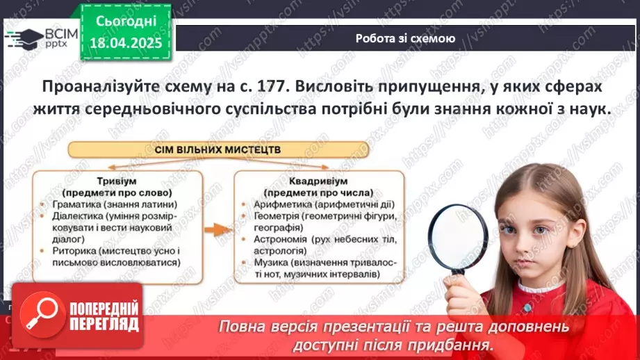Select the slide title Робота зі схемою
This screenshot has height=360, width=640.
(405, 39)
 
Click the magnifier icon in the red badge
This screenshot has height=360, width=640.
(40, 316)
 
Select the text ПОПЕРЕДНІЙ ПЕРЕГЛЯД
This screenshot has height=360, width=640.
(102, 317)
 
